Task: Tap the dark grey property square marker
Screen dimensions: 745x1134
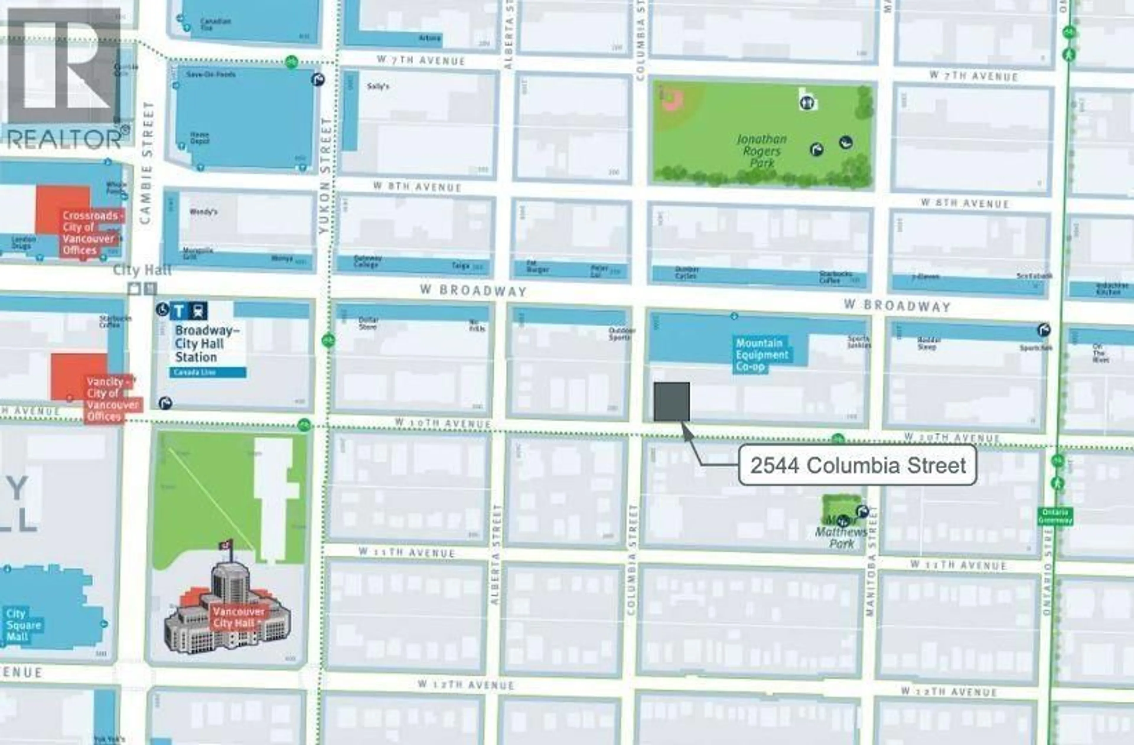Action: pos(671,402)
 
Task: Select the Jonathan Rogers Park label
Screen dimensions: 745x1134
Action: pos(761,151)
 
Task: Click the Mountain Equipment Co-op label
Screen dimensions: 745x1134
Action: pos(761,355)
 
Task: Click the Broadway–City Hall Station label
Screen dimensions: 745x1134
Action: pos(207,344)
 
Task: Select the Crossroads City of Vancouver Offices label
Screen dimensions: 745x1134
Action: pos(91,233)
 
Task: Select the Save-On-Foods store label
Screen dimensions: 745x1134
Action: pos(211,75)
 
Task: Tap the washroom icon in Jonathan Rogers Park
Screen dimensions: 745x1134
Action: pos(806,102)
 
